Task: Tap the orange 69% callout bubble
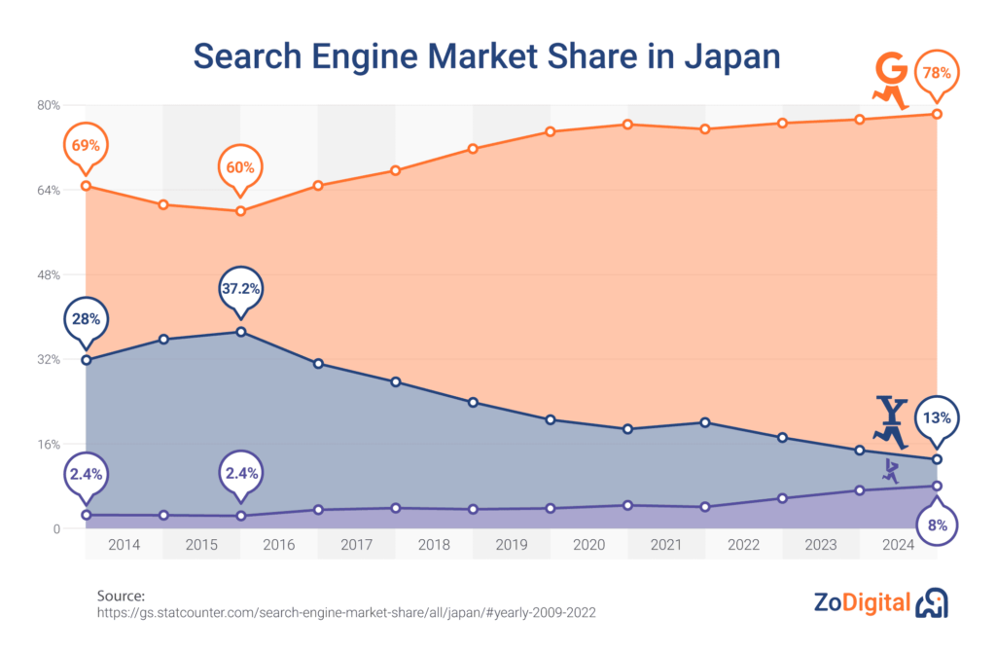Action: click(x=86, y=146)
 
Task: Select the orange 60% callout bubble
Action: click(x=240, y=167)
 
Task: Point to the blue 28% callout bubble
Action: click(x=86, y=319)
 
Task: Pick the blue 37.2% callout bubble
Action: click(x=240, y=289)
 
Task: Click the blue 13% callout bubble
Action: click(x=938, y=419)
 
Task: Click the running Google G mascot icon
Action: click(x=889, y=82)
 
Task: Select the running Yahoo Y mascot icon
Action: click(x=891, y=421)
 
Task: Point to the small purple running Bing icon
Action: click(x=890, y=472)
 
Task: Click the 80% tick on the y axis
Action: click(x=49, y=105)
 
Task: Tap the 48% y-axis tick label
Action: click(x=49, y=274)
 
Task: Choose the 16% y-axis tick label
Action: click(x=49, y=445)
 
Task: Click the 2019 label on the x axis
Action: click(x=512, y=545)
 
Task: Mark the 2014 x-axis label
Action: click(x=124, y=545)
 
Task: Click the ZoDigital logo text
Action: click(x=862, y=603)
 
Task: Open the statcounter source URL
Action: click(x=346, y=614)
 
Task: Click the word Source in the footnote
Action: click(x=121, y=596)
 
